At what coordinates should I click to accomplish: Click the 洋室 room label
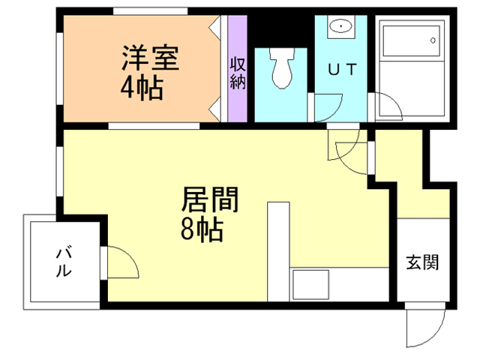(x=151, y=58)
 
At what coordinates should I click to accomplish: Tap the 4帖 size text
(x=142, y=88)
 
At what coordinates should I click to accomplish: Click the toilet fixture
(x=281, y=68)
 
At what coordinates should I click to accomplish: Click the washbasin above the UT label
(x=341, y=28)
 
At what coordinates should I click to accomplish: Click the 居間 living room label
(x=210, y=201)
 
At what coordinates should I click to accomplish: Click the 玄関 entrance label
(x=422, y=263)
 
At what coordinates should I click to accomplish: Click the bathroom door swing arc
(x=389, y=106)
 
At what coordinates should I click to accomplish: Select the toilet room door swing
(x=325, y=106)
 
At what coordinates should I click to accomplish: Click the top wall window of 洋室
(x=149, y=11)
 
